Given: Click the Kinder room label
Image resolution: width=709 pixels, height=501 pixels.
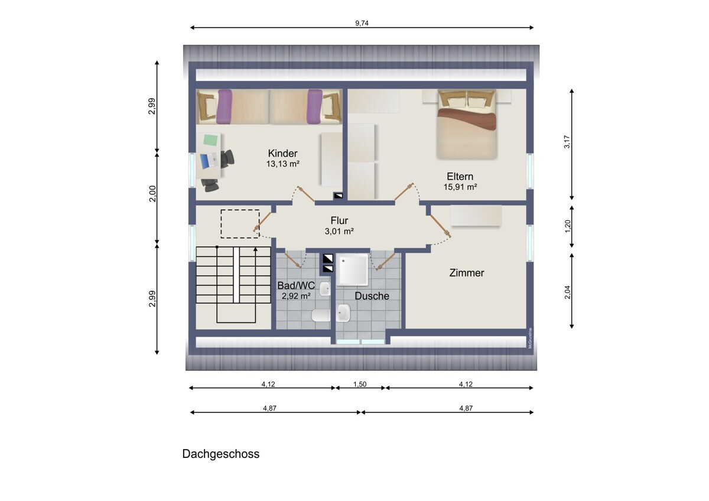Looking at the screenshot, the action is tap(282, 154).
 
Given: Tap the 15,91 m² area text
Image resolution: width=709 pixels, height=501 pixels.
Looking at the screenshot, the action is tap(460, 187).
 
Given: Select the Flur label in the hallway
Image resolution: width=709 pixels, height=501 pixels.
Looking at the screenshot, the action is tap(339, 220).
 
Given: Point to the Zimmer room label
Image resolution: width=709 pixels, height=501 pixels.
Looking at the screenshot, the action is tap(467, 273).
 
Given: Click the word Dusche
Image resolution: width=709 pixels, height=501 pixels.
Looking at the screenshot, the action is tap(372, 296).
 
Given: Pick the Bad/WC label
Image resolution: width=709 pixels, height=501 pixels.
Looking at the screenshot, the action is tap(296, 285).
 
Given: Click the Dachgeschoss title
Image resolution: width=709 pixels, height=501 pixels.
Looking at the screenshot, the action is tap(220, 454).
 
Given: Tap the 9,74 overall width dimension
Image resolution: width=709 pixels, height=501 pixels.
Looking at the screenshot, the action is tap(362, 23).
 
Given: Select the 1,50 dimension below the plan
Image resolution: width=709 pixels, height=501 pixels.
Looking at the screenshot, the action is tap(360, 384).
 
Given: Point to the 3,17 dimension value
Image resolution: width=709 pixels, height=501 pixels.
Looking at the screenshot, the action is tap(567, 142).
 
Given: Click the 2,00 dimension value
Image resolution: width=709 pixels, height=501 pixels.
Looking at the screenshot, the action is tap(152, 194).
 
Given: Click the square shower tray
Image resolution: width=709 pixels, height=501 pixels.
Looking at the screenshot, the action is tap(353, 269).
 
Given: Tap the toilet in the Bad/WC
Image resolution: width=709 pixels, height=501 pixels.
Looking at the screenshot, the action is tap(321, 315).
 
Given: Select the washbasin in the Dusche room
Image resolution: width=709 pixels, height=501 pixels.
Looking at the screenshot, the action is tap(343, 313).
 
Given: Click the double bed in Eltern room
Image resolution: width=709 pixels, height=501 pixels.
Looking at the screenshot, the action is tap(467, 125).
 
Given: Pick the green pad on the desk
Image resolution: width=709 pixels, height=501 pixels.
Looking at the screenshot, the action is tap(210, 140).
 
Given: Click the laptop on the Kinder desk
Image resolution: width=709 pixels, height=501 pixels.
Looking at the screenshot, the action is tap(209, 161).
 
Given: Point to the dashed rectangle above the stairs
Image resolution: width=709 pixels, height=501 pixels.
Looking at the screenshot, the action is tap(240, 224).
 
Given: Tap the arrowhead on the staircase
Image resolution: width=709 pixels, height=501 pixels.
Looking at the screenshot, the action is tap(255, 250).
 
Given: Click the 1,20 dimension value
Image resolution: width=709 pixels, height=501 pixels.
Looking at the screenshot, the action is tap(567, 226).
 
